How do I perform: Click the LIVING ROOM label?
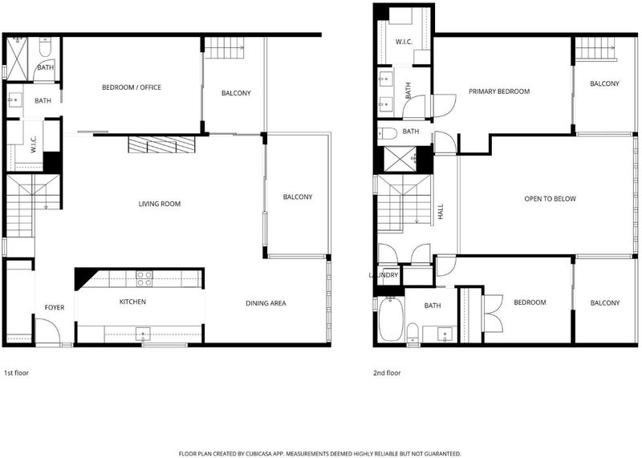[159, 204]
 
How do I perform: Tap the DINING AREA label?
[266, 303]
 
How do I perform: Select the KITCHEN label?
[132, 302]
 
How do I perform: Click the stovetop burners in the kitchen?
[144, 278]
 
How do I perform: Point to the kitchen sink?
[143, 334]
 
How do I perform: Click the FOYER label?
[55, 307]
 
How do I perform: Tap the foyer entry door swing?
[47, 331]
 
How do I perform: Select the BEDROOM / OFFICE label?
[132, 87]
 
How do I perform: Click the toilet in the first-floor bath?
[45, 47]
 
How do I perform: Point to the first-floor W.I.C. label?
[34, 144]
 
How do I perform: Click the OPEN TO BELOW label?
[550, 199]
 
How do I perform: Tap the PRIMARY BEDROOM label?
[499, 91]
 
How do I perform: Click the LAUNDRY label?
[384, 275]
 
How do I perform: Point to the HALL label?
[441, 212]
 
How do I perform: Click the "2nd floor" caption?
[387, 373]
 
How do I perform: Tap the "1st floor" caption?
[16, 373]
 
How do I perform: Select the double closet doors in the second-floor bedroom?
[493, 313]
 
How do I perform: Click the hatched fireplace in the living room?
[161, 144]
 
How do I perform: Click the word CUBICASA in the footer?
[258, 453]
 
